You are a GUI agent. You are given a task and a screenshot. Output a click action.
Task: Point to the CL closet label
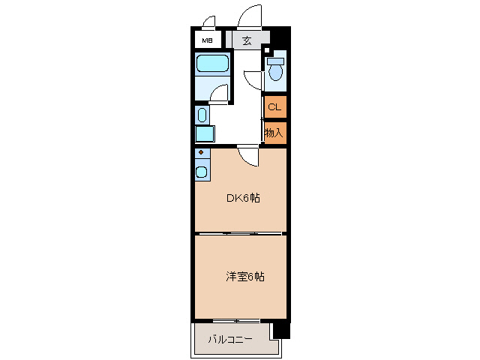274,106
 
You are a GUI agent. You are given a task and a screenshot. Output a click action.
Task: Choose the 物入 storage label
274,133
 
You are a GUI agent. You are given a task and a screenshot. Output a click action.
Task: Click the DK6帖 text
244,199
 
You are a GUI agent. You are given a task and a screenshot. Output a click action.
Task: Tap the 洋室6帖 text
244,276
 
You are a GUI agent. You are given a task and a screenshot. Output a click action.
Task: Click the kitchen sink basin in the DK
202,172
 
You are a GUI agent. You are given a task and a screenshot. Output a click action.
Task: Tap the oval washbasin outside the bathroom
201,115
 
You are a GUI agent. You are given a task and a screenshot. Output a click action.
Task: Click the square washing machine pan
203,133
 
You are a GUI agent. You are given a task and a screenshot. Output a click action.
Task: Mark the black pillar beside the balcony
280,329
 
